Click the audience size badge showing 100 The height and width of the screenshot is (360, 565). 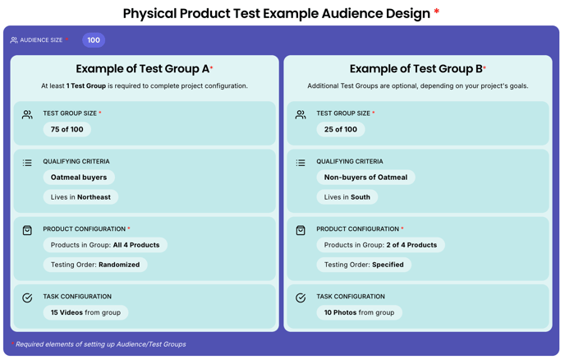coord(94,40)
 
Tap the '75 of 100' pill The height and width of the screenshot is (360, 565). coord(67,130)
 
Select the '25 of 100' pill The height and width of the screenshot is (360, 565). coord(341,130)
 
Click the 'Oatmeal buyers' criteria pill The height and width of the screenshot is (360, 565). coord(79,178)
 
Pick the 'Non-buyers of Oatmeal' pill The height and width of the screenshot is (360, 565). coord(365,178)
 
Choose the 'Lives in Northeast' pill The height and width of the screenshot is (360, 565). coord(80,197)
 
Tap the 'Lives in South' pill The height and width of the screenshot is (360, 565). coord(347,197)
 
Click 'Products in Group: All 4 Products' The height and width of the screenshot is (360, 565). coord(105,245)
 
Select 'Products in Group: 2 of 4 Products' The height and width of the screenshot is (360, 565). coord(380,245)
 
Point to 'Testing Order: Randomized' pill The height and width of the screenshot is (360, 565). coord(95,265)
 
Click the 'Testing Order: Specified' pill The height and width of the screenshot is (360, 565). coord(364,265)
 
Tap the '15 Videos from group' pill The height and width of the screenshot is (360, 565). coord(85,312)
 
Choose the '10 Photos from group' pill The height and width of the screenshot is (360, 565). coord(359,312)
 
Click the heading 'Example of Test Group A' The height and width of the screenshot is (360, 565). coord(143,68)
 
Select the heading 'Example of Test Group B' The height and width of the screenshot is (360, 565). coord(416,68)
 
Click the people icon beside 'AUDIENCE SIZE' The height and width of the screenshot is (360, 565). coord(14,40)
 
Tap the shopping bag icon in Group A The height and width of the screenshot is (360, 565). coord(27,230)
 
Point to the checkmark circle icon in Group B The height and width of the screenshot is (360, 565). coord(301,298)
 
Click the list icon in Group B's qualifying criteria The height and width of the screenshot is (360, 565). coord(301,163)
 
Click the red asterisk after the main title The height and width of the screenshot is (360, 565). coord(437,12)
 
